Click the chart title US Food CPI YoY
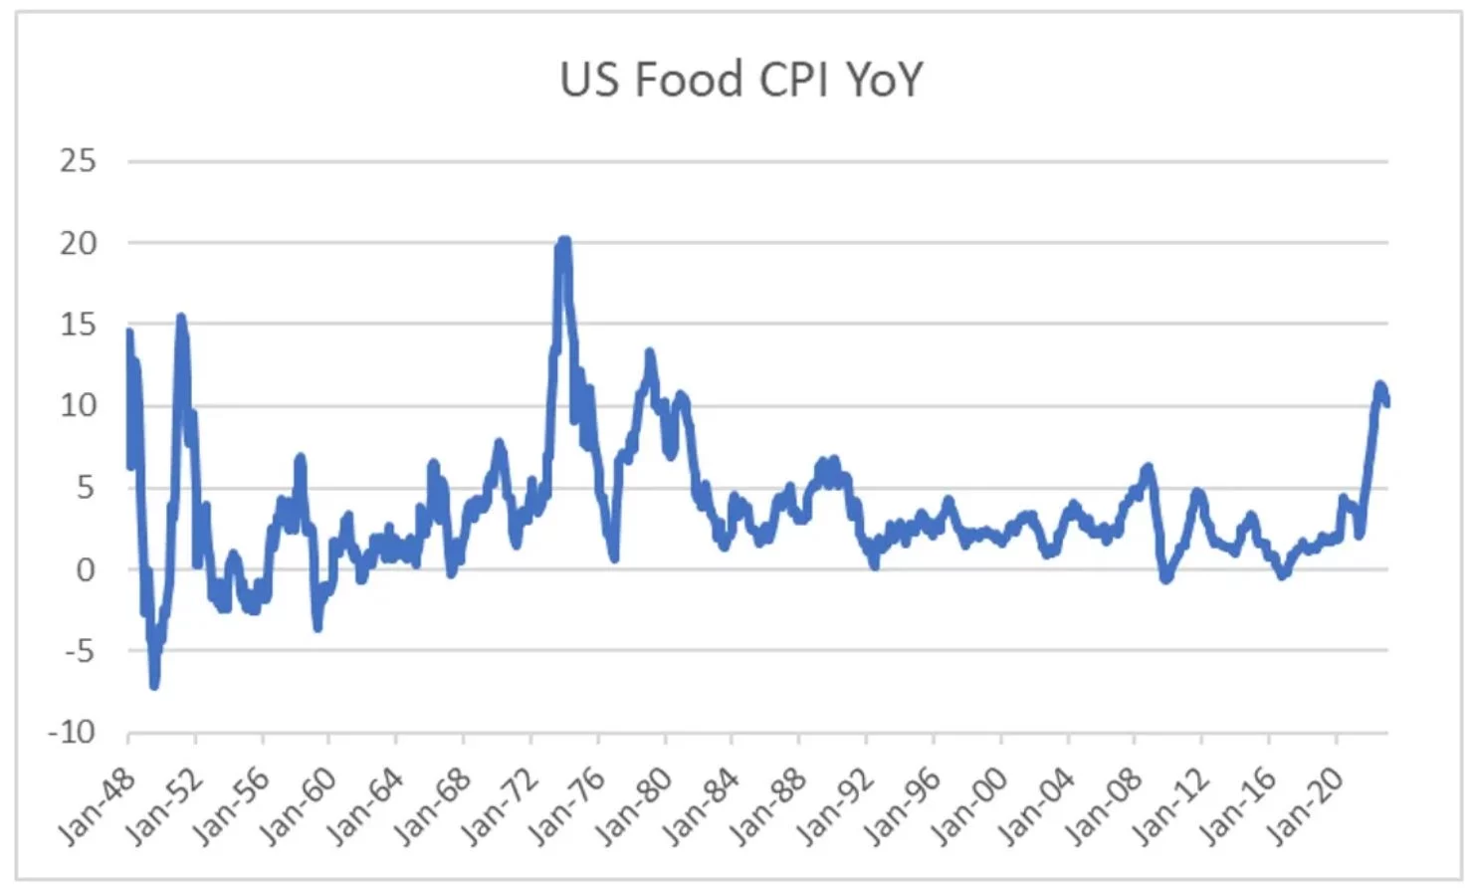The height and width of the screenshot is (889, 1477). tap(741, 79)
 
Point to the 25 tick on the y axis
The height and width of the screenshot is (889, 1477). tap(78, 160)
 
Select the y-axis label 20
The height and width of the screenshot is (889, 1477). tap(78, 242)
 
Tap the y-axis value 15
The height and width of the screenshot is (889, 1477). tap(78, 324)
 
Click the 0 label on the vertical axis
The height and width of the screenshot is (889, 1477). tap(86, 569)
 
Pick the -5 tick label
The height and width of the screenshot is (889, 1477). tap(78, 651)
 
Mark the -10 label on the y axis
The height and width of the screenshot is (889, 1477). tap(72, 733)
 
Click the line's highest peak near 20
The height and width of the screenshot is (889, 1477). tap(563, 240)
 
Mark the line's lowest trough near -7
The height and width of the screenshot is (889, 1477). tap(154, 685)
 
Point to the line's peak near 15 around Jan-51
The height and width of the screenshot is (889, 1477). tap(180, 318)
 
